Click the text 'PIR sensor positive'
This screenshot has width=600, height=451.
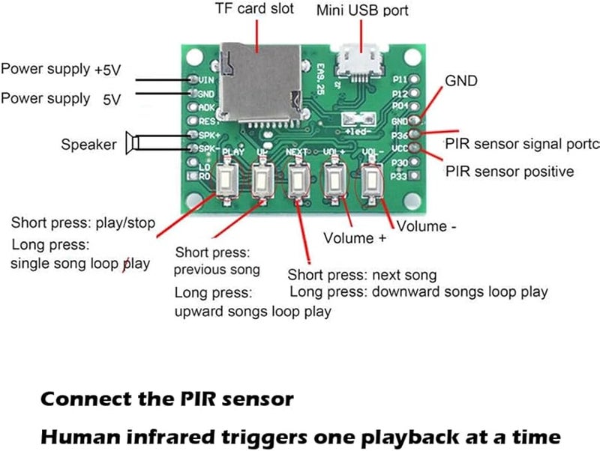(x=509, y=172)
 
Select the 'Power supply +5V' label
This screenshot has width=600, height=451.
(x=61, y=70)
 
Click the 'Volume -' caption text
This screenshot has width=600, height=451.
(x=425, y=226)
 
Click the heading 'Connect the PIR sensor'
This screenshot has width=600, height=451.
(x=166, y=399)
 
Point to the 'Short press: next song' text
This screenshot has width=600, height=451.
(x=362, y=275)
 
